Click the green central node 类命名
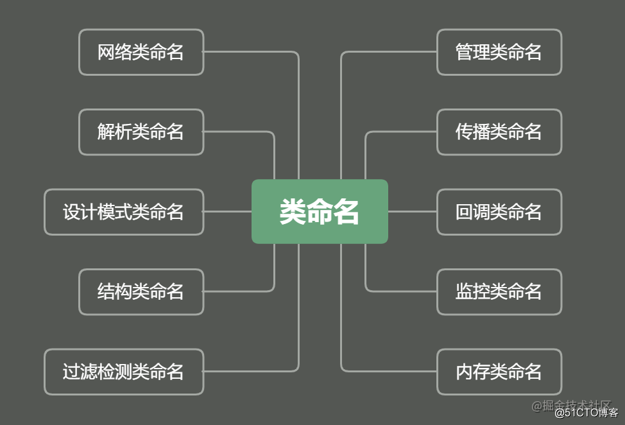pos(320,211)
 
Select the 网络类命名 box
pos(141,52)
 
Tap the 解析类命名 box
pos(141,132)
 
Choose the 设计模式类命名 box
pos(124,212)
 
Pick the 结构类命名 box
pos(141,291)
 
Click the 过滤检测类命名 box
pos(124,372)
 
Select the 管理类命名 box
pos(499,52)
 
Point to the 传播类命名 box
pos(499,132)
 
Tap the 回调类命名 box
pos(499,212)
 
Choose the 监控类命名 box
pos(499,291)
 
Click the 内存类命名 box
pos(499,372)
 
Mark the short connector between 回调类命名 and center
pos(412,211)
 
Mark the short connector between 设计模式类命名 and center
pos(227,211)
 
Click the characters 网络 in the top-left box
pos(114,52)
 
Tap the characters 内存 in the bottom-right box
pos(472,372)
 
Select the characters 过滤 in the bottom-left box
pos(80,372)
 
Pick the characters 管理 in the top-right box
pos(472,52)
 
